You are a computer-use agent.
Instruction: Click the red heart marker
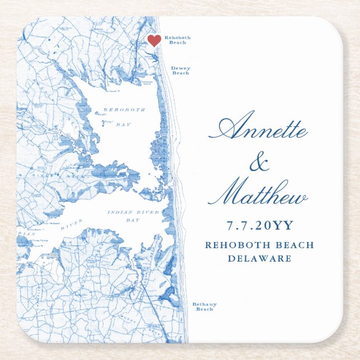pyautogui.click(x=154, y=40)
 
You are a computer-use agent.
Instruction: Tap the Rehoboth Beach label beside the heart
pyautogui.click(x=177, y=40)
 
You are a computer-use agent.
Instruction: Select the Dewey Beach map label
pyautogui.click(x=181, y=70)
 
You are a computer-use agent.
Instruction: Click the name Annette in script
pyautogui.click(x=259, y=130)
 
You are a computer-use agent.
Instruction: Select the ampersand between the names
pyautogui.click(x=258, y=163)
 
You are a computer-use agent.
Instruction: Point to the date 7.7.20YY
pyautogui.click(x=259, y=225)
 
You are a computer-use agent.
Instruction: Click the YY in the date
pyautogui.click(x=282, y=225)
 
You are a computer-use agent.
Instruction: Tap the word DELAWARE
pyautogui.click(x=259, y=258)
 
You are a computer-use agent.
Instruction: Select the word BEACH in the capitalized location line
pyautogui.click(x=293, y=245)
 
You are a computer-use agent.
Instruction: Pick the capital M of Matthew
pyautogui.click(x=222, y=193)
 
